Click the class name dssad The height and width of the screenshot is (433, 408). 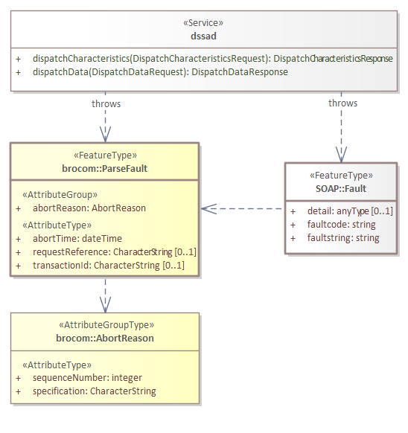pyautogui.click(x=205, y=35)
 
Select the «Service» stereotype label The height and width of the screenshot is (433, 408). pyautogui.click(x=205, y=23)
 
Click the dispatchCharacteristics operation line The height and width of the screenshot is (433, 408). pyautogui.click(x=212, y=58)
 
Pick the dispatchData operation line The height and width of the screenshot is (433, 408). pyautogui.click(x=160, y=72)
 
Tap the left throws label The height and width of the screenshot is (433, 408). pyautogui.click(x=106, y=103)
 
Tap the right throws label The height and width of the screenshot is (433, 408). pyautogui.click(x=342, y=103)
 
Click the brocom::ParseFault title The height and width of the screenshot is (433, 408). pyautogui.click(x=104, y=168)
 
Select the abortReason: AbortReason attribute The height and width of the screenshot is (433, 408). pyautogui.click(x=89, y=208)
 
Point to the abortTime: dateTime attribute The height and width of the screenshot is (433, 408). pyautogui.click(x=77, y=238)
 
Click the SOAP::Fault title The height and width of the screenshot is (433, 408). pyautogui.click(x=341, y=189)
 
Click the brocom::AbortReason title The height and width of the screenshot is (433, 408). pyautogui.click(x=105, y=338)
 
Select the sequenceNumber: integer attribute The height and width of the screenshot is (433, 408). pyautogui.click(x=87, y=378)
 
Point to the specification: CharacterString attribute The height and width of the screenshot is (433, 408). pyautogui.click(x=95, y=391)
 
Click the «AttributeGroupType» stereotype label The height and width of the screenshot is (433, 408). pyautogui.click(x=105, y=325)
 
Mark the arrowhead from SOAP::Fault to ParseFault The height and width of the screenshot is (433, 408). pyautogui.click(x=207, y=209)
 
